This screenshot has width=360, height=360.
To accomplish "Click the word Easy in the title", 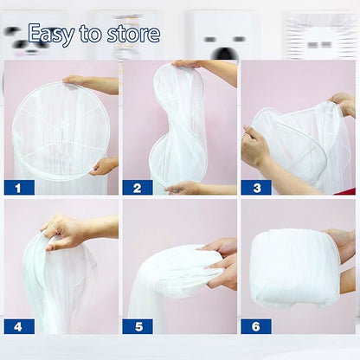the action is coord(51,35).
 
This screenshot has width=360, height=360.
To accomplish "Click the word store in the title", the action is coord(133,34).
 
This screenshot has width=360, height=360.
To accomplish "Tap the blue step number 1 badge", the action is coord(19,188).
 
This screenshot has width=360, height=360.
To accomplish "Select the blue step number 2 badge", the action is coord(138,188).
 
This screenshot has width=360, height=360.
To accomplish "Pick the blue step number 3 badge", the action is coord(256,188).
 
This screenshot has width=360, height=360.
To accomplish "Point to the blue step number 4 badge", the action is coord(19,326).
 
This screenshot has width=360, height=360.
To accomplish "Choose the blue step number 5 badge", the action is coord(138,326).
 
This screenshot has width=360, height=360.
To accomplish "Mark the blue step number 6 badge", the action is coord(256,326).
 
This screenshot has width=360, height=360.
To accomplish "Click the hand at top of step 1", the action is coord(74,80).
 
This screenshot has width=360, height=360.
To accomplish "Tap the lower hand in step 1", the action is coord(101,167).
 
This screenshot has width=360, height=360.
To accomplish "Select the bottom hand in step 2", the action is coord(183,188).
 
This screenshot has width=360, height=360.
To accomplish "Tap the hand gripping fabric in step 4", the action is coord(62,231).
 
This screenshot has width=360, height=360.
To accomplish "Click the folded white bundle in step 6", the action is coord(296,268).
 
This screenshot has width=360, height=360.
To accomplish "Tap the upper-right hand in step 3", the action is coord(344,105).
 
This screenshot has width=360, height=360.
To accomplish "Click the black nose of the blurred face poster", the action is coord(224,54).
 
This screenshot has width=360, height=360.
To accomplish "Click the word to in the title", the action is coord(91,34).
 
